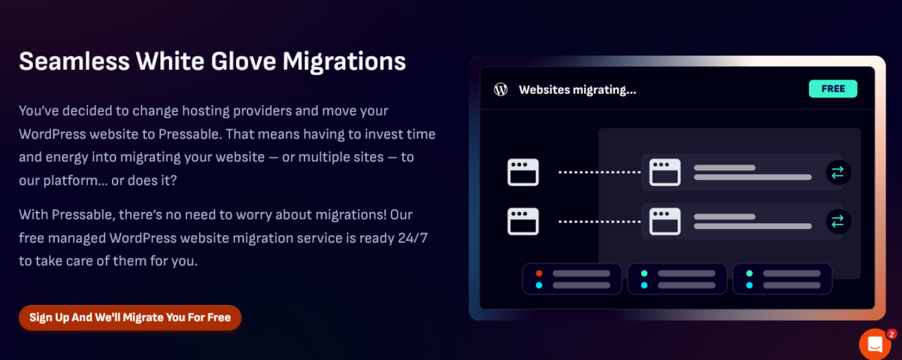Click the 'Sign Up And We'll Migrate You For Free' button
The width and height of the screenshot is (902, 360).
(129, 317)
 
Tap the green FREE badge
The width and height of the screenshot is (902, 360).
(833, 89)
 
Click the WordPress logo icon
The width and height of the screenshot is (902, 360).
(501, 89)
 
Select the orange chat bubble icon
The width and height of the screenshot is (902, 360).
(875, 344)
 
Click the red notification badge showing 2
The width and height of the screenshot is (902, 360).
(891, 334)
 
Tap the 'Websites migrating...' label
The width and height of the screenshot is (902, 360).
(577, 90)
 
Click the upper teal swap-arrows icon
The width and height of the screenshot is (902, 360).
(838, 172)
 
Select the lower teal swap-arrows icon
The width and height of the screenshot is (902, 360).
(838, 221)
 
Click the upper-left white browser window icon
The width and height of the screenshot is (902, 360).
(523, 172)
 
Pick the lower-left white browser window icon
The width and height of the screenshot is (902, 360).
(523, 221)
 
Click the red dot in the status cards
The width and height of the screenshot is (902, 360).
(538, 273)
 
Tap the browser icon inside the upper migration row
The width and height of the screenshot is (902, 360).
(664, 172)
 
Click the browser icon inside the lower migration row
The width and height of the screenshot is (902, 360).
(664, 221)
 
